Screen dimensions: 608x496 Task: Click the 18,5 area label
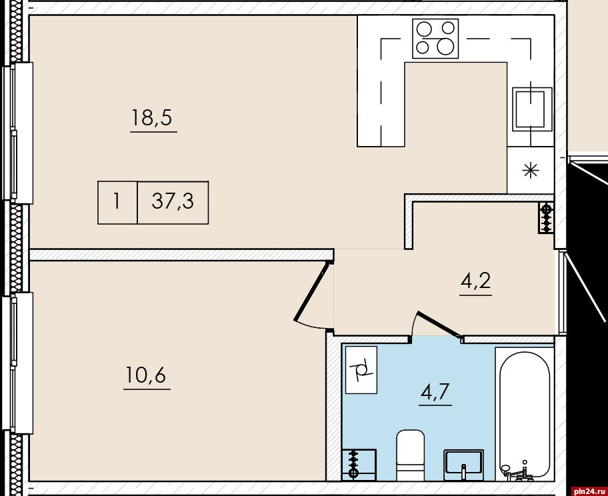tap(151, 117)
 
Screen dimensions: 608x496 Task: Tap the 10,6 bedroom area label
tap(146, 375)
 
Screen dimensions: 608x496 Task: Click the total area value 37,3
tap(173, 201)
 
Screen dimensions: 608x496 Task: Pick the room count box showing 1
tap(117, 203)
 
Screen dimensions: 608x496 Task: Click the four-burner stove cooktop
tap(435, 39)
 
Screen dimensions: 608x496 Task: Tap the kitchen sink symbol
tap(532, 109)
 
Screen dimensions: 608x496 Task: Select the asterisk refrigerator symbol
tap(530, 171)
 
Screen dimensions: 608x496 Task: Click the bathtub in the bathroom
tap(524, 414)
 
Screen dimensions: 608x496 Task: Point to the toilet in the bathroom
tap(410, 455)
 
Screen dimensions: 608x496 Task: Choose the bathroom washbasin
tap(463, 463)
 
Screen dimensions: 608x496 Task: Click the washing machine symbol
tap(361, 370)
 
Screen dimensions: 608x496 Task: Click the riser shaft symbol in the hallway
tap(547, 218)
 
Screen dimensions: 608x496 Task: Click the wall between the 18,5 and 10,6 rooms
tap(181, 255)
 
